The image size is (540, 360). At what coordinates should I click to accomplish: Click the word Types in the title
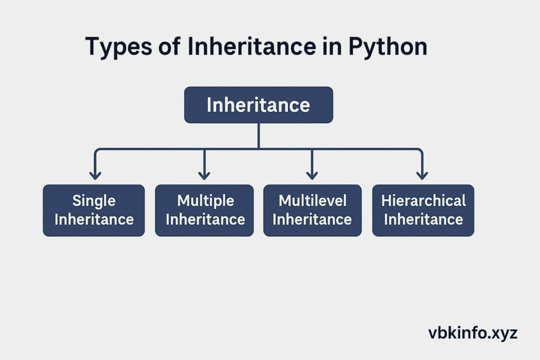point(119,47)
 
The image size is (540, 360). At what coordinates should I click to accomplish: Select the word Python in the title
point(388,47)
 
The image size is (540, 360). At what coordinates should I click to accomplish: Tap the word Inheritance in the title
point(252,46)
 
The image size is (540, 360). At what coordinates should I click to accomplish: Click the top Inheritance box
point(258,105)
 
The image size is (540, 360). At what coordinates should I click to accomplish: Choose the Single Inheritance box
point(94,210)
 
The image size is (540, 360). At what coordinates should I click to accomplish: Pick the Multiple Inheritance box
point(204,210)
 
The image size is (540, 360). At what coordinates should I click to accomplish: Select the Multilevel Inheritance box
point(312,210)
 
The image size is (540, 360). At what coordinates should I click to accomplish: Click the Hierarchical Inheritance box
point(423,210)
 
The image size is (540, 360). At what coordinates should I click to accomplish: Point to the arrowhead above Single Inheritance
point(95,176)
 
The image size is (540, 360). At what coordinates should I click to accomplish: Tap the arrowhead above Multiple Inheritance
point(204,176)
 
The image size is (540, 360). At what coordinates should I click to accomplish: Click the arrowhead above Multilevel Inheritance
point(312,176)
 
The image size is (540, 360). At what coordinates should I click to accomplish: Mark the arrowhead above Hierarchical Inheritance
point(422,176)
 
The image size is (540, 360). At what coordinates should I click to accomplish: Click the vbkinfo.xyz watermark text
point(473,333)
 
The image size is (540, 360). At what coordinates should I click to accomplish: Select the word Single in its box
point(94,201)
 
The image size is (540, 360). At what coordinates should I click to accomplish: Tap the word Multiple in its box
point(206,201)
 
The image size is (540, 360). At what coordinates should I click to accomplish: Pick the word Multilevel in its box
point(313,201)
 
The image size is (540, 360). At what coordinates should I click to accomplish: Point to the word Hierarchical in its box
point(423,201)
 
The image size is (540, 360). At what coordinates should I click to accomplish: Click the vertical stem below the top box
point(258,136)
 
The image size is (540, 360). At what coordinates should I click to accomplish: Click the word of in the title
point(169,46)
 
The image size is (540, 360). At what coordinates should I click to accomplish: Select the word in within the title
point(332,46)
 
